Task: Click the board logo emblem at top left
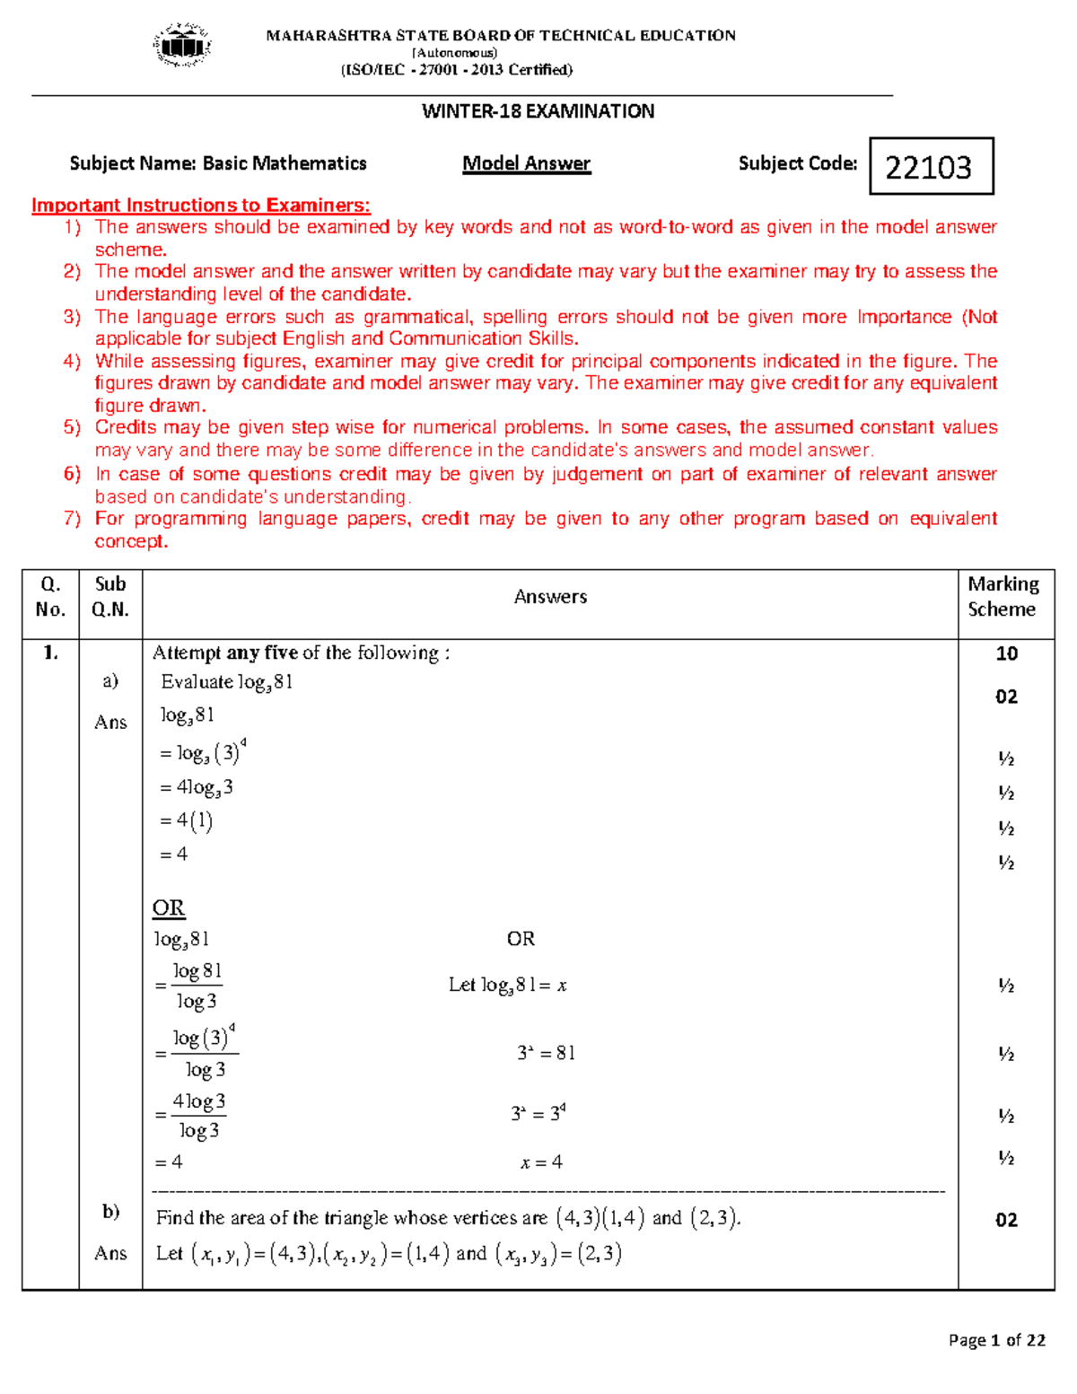pyautogui.click(x=183, y=45)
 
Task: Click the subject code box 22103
pyautogui.click(x=931, y=166)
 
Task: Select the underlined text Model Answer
pyautogui.click(x=526, y=163)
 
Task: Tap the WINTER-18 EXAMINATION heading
pyautogui.click(x=538, y=111)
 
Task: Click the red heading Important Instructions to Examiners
pyautogui.click(x=200, y=205)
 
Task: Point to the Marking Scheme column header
pyautogui.click(x=1003, y=597)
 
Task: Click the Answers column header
pyautogui.click(x=550, y=597)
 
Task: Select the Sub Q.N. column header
pyautogui.click(x=110, y=597)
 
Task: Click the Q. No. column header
pyautogui.click(x=50, y=597)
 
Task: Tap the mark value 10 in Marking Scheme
pyautogui.click(x=1006, y=653)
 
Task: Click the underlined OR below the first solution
pyautogui.click(x=169, y=907)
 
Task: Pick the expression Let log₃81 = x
pyautogui.click(x=507, y=986)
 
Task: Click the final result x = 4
pyautogui.click(x=541, y=1162)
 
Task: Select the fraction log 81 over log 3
pyautogui.click(x=197, y=986)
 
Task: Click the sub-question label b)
pyautogui.click(x=110, y=1212)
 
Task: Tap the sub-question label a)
pyautogui.click(x=110, y=680)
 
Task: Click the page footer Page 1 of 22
pyautogui.click(x=996, y=1340)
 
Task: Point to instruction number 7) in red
pyautogui.click(x=72, y=519)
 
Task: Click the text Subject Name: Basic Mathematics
pyautogui.click(x=218, y=163)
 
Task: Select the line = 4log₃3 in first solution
pyautogui.click(x=197, y=787)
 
